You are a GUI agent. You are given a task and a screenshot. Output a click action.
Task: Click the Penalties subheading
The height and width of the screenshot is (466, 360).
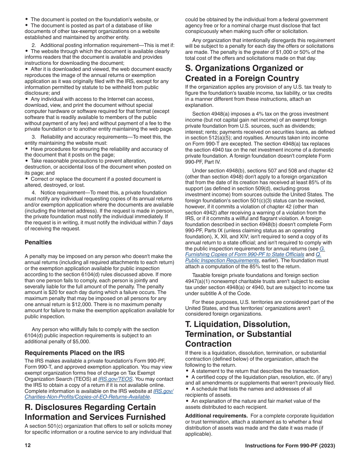tap(38, 242)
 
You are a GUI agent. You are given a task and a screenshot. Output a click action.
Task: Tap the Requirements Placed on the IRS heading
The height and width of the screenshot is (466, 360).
tap(75, 353)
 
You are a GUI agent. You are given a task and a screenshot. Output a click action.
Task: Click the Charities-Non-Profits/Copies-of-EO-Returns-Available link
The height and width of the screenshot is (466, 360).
tap(87, 397)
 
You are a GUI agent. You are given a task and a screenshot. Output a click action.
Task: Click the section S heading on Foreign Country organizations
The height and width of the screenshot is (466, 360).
tap(244, 73)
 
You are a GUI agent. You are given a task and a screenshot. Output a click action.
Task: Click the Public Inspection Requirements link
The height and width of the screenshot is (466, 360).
tap(222, 260)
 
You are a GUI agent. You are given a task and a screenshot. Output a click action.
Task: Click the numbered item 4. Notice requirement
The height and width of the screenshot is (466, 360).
tap(63, 192)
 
